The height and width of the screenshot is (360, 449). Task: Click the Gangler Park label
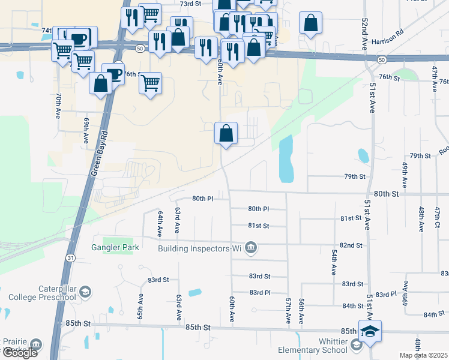(x=115, y=247)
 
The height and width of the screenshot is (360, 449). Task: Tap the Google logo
(x=20, y=353)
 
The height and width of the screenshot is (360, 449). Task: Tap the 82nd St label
(x=351, y=245)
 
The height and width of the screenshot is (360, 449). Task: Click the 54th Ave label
(x=333, y=263)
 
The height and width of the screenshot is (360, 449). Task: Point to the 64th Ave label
(x=160, y=223)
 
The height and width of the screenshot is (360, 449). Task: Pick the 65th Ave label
(x=140, y=306)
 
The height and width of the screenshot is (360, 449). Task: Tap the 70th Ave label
(x=58, y=106)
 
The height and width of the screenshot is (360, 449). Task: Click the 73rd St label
(x=190, y=4)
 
